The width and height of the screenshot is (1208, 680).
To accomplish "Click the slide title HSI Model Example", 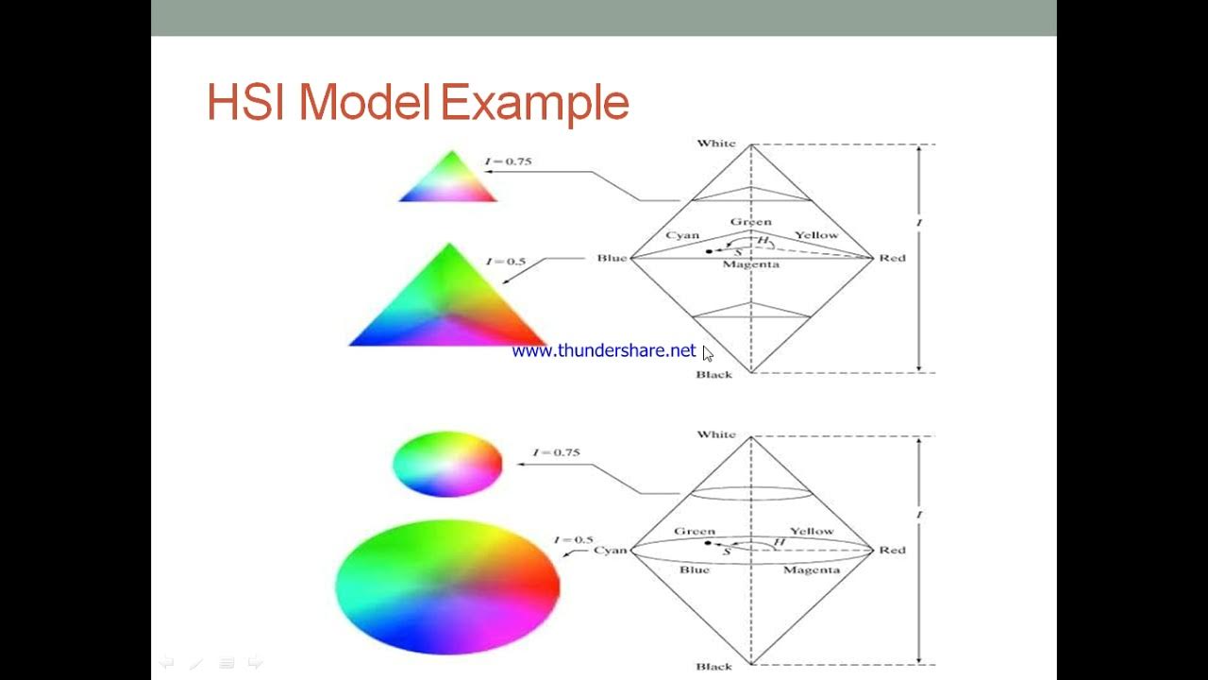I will (x=417, y=103).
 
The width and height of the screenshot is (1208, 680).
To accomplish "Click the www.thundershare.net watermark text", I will (x=603, y=351).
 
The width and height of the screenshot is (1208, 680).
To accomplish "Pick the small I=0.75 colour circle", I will (x=447, y=464).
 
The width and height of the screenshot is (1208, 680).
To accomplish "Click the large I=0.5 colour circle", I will (x=447, y=586).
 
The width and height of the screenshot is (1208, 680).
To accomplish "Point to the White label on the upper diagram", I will (x=715, y=144).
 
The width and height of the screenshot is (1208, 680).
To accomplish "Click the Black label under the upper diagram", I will (x=713, y=375).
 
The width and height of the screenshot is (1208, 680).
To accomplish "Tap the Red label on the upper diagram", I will (x=892, y=258).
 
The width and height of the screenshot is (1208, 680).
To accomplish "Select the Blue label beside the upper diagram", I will (x=612, y=258).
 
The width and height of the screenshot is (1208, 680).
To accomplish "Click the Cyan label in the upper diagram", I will (x=682, y=235).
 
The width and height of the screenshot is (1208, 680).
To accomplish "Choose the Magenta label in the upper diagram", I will (x=750, y=265).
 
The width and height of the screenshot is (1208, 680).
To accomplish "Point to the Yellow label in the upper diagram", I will (x=815, y=235).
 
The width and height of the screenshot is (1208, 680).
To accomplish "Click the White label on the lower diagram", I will (x=715, y=434).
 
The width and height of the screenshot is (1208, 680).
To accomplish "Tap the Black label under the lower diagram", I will (x=713, y=667).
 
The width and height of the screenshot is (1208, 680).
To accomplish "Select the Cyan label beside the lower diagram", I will (x=610, y=550).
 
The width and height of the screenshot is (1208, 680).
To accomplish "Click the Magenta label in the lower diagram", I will (x=811, y=570).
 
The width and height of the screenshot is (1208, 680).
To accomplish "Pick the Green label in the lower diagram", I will (x=695, y=532).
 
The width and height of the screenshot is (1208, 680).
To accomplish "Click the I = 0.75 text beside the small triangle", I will (x=509, y=161).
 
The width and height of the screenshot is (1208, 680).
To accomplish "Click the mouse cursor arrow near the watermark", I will (x=708, y=353).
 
